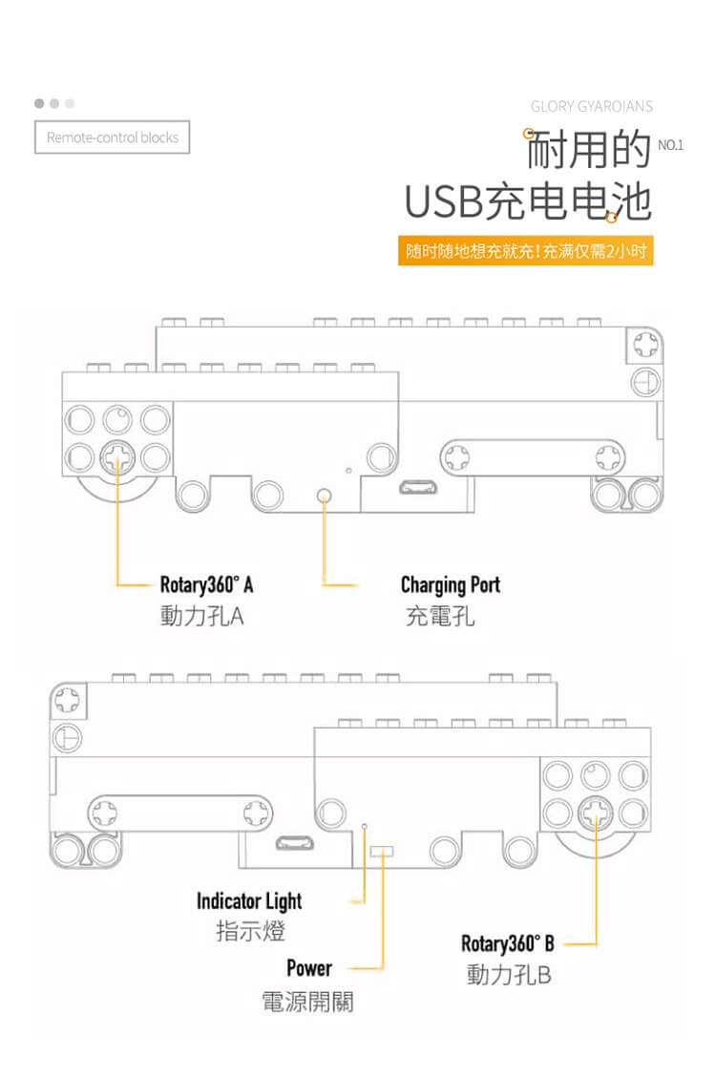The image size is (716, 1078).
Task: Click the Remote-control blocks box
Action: (x=113, y=137)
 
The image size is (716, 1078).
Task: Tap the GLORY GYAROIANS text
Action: (x=592, y=106)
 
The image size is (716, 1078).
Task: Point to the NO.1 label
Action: (x=671, y=145)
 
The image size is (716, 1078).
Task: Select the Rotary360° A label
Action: (x=206, y=584)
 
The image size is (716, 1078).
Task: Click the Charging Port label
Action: (x=450, y=584)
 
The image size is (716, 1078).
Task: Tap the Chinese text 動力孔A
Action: (x=201, y=617)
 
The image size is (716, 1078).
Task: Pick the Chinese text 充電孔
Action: (x=439, y=617)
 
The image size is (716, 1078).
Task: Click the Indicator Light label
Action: (x=249, y=900)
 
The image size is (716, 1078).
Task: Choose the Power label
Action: (x=309, y=968)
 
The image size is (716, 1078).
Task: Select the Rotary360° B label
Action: (x=507, y=944)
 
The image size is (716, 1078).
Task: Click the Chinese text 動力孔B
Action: (x=509, y=976)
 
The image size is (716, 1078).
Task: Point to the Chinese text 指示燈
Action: (x=250, y=931)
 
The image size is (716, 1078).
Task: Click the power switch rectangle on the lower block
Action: (x=382, y=850)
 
